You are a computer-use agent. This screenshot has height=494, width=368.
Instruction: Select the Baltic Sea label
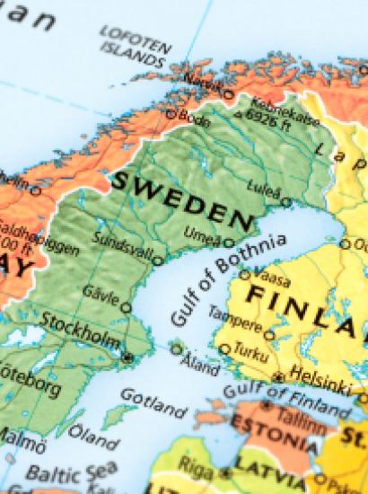tap(57, 472)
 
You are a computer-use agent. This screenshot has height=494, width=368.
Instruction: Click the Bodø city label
tap(195, 118)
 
